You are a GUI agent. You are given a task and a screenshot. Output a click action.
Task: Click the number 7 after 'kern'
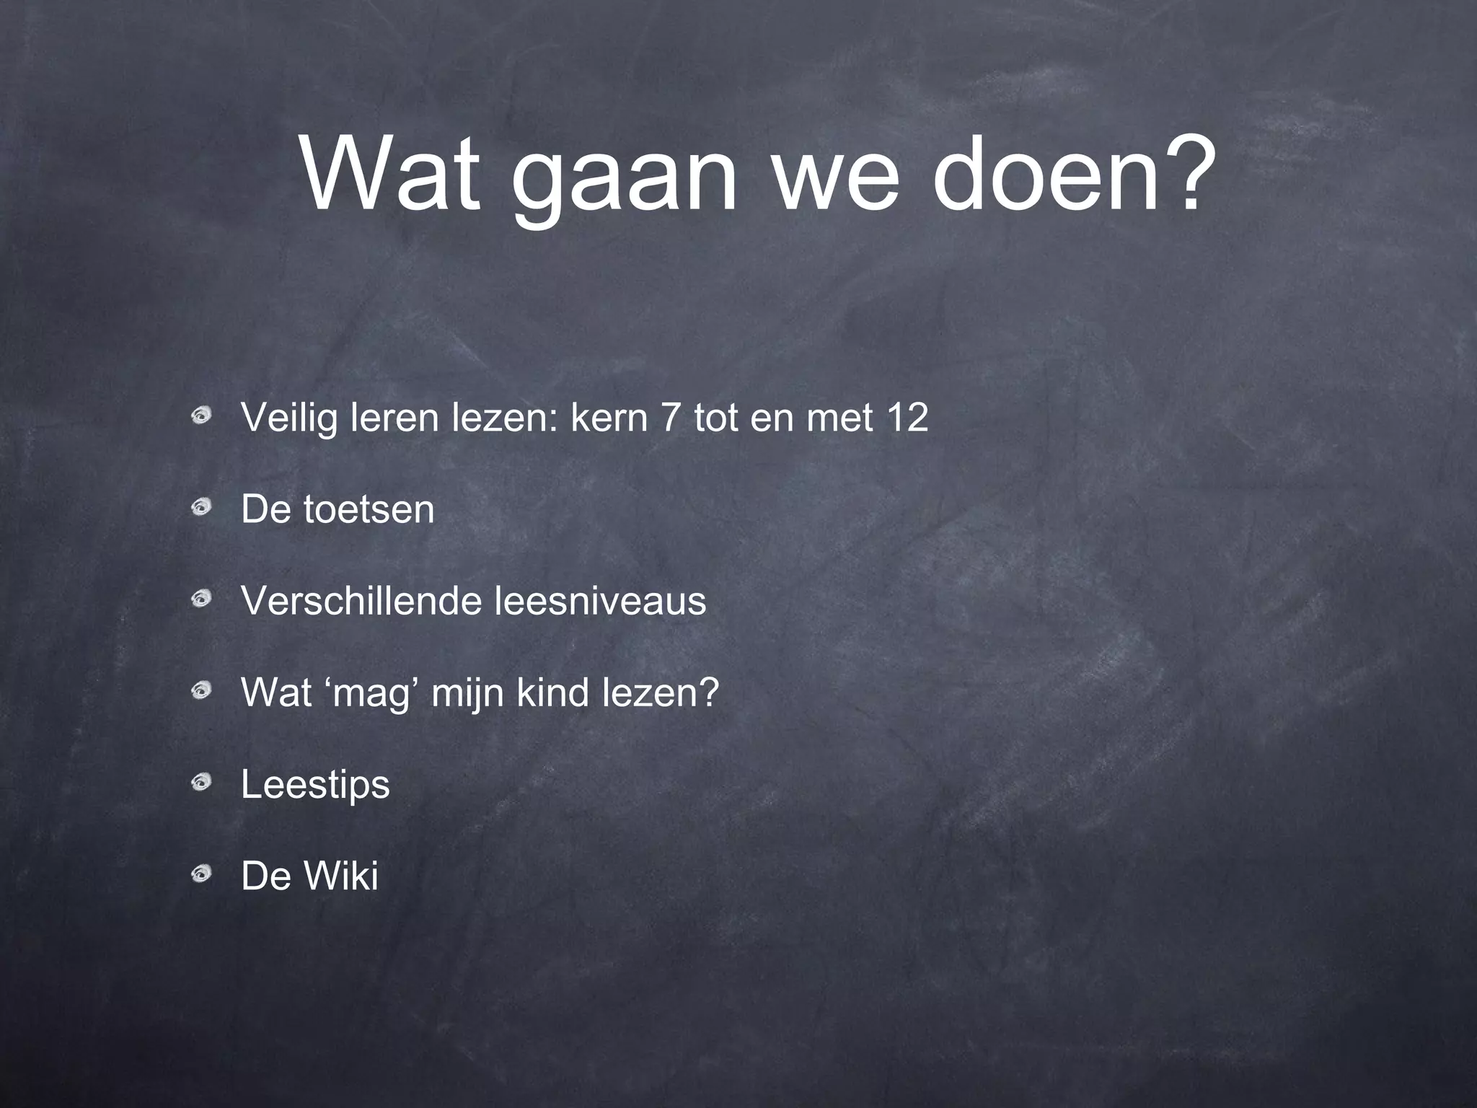pos(671,418)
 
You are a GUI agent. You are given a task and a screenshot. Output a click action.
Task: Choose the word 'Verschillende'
pos(361,601)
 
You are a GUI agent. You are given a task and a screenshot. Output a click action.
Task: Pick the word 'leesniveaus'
pos(600,601)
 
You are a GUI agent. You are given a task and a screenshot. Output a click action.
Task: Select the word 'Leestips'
pos(315,785)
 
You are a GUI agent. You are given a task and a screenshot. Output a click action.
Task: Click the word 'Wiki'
pos(341,876)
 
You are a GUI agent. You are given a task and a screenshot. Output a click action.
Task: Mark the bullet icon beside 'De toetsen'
pos(201,508)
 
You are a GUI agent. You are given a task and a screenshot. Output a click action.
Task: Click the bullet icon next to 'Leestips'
pos(201,782)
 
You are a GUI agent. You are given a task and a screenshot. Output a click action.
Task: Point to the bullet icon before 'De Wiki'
pos(201,874)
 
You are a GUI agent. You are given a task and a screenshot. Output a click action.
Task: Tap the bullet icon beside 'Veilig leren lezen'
pos(201,415)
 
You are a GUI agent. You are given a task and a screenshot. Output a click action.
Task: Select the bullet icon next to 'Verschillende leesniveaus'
pos(201,599)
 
